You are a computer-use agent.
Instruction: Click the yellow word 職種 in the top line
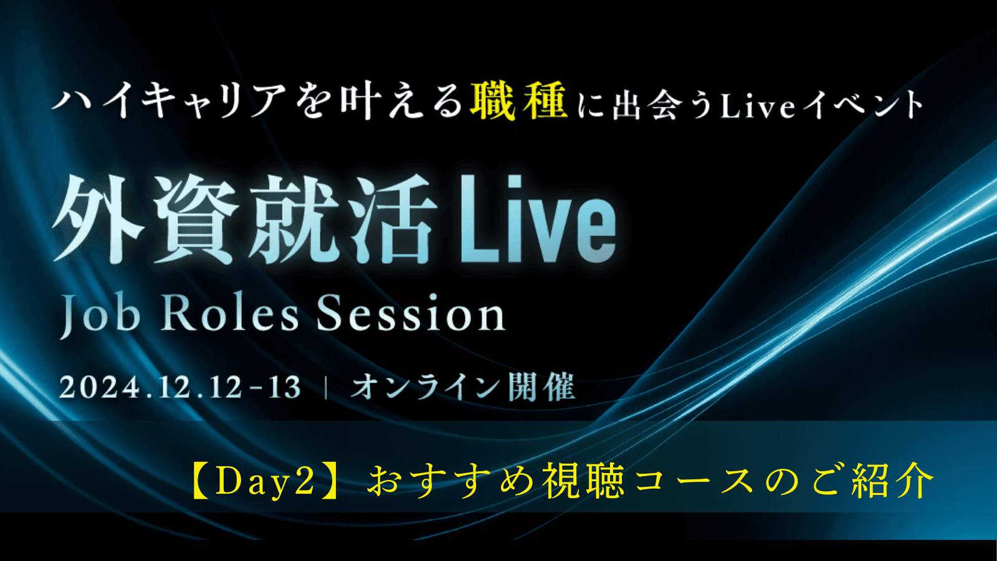click(x=519, y=101)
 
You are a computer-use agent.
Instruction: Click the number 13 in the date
click(x=284, y=387)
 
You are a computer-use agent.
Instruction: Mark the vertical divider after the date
click(x=327, y=388)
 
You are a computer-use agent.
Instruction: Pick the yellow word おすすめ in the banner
click(x=450, y=481)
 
